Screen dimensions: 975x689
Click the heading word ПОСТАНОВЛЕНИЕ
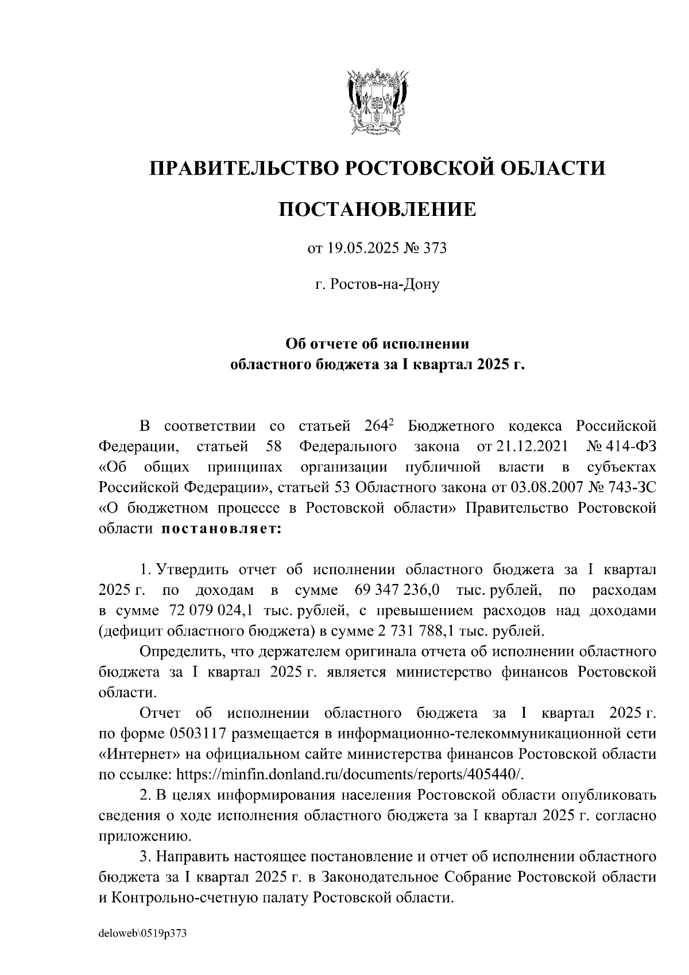pos(377,209)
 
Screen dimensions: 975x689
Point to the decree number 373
pos(435,249)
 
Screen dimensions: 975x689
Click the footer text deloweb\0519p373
pos(143,934)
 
